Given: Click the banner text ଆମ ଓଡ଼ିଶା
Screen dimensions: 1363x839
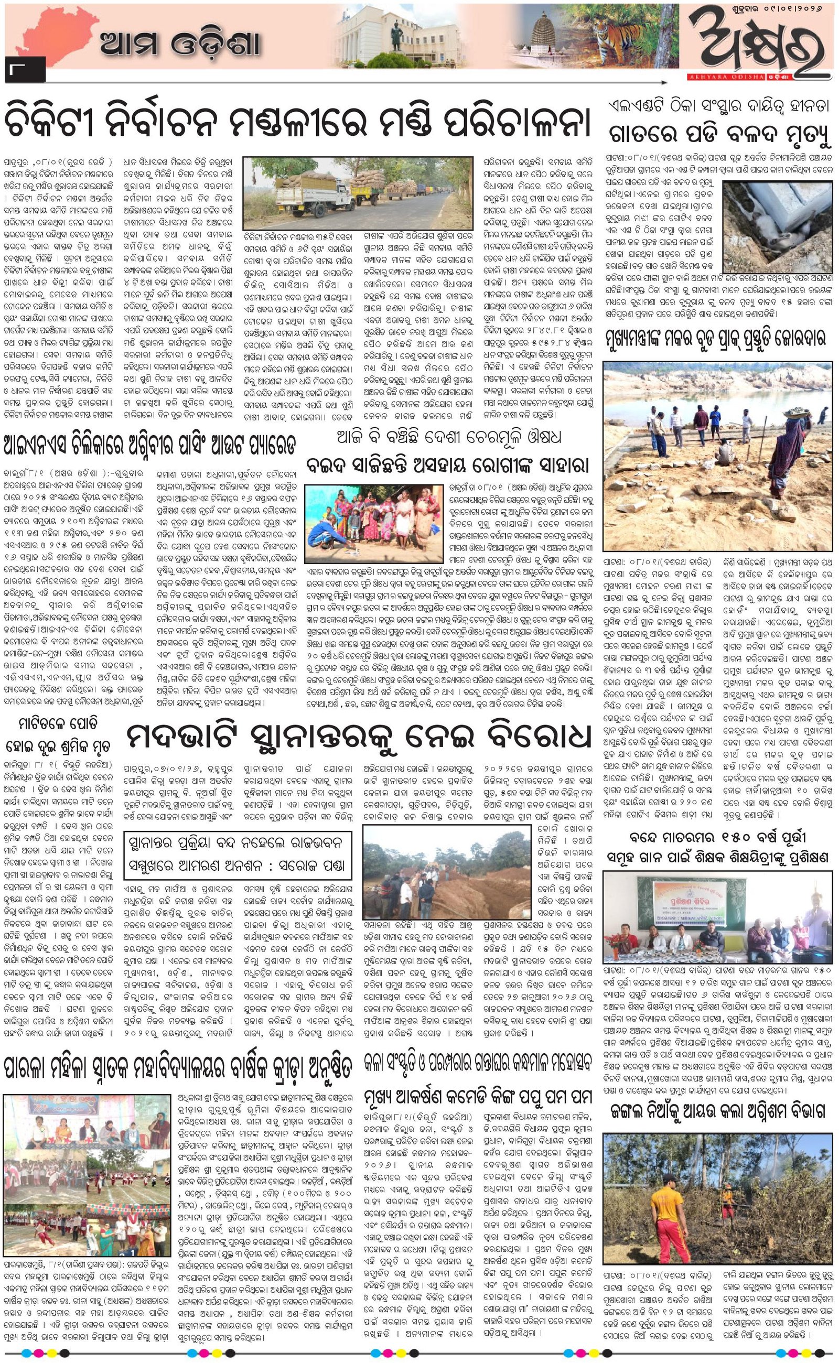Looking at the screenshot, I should point(180,45).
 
